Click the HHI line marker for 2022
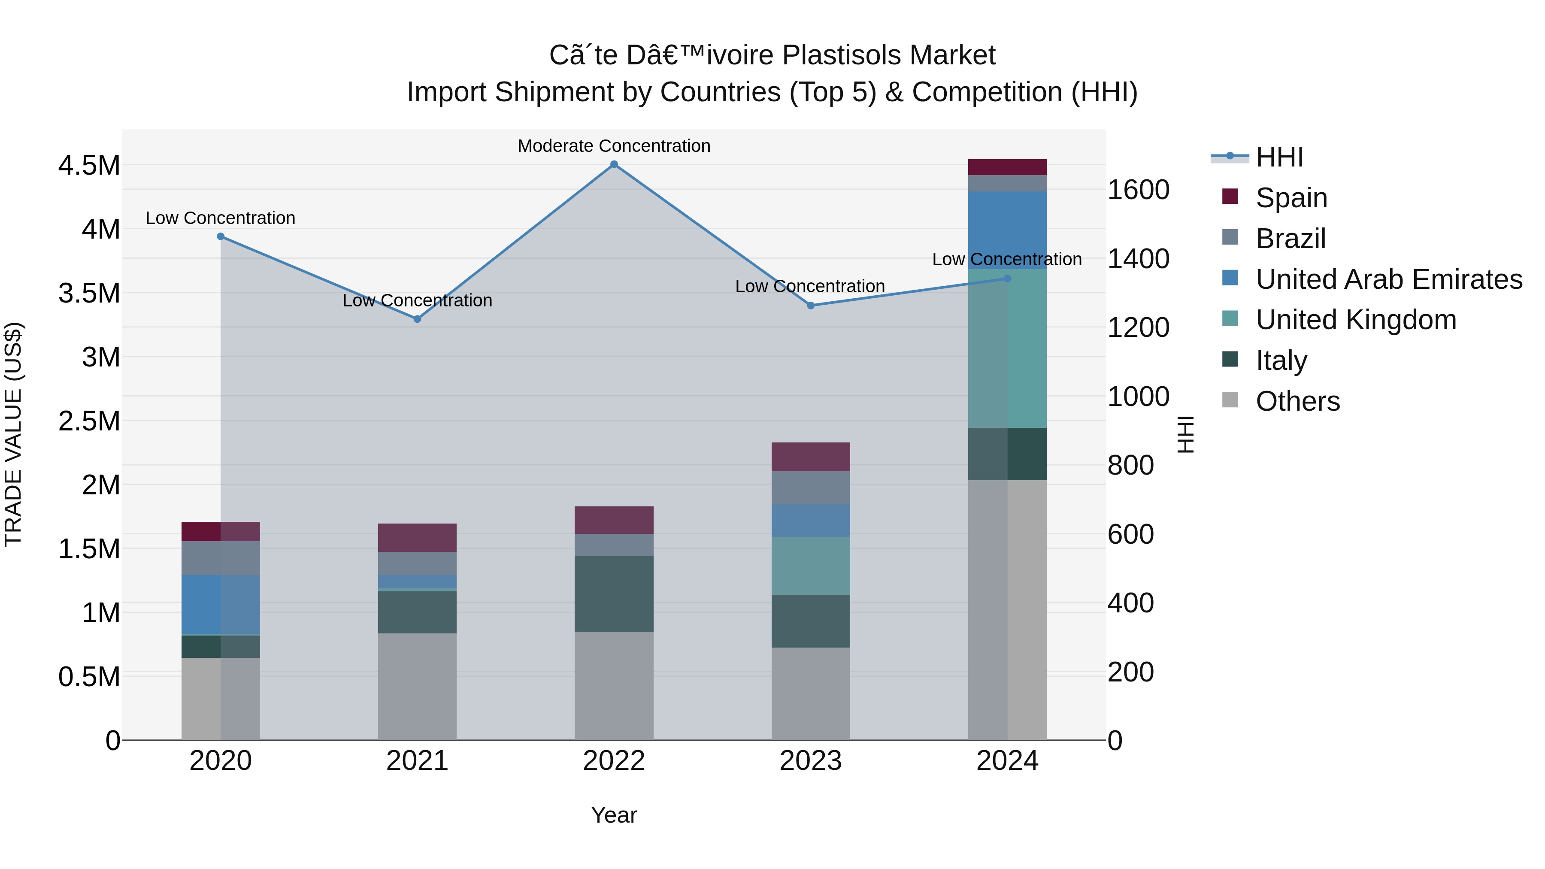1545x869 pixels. pyautogui.click(x=614, y=164)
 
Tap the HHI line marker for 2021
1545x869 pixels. pyautogui.click(x=418, y=319)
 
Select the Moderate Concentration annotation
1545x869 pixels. pyautogui.click(x=614, y=146)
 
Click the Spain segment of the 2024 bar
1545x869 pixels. pyautogui.click(x=1007, y=167)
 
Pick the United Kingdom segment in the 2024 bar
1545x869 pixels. pyautogui.click(x=1007, y=348)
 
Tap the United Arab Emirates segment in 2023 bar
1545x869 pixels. pyautogui.click(x=810, y=521)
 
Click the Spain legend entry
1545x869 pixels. pyautogui.click(x=1291, y=198)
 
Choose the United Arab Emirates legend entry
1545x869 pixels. pyautogui.click(x=1388, y=279)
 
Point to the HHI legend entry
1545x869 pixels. pyautogui.click(x=1279, y=157)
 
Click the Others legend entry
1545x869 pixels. pyautogui.click(x=1297, y=401)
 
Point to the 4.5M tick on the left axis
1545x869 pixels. pyautogui.click(x=89, y=166)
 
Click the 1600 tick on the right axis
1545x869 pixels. pyautogui.click(x=1138, y=190)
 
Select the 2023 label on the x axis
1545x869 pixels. pyautogui.click(x=810, y=761)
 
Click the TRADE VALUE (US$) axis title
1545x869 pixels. pyautogui.click(x=13, y=434)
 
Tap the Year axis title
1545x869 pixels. pyautogui.click(x=614, y=815)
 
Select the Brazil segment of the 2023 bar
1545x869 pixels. pyautogui.click(x=810, y=487)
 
